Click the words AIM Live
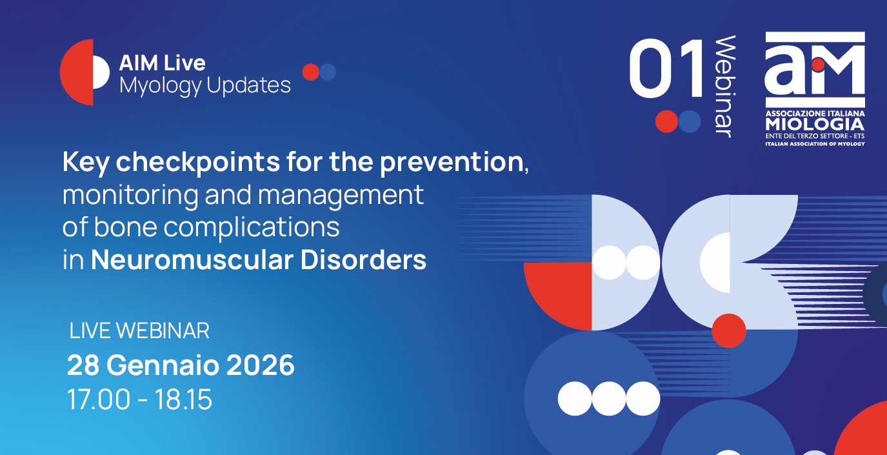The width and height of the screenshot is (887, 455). coord(163,63)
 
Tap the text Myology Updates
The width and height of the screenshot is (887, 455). coord(205,86)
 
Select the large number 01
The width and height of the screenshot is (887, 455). coord(666,68)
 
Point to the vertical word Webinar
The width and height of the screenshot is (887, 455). coord(725,86)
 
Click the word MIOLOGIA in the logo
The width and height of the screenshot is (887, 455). coord(815,125)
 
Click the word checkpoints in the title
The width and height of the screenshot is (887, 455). coord(198,163)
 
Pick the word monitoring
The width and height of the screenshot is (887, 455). coord(130,195)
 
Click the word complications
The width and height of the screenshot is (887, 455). coord(252,228)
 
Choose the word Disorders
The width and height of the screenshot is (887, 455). coord(363,260)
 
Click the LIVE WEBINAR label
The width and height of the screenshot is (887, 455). coord(139,330)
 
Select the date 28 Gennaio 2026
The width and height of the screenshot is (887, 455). coord(181,365)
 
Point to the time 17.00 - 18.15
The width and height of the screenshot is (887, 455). coord(140,399)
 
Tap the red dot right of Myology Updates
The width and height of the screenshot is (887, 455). coord(311,72)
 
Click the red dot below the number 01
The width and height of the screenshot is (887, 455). coord(666,121)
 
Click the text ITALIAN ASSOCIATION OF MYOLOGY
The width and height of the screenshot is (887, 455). coord(815,144)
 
